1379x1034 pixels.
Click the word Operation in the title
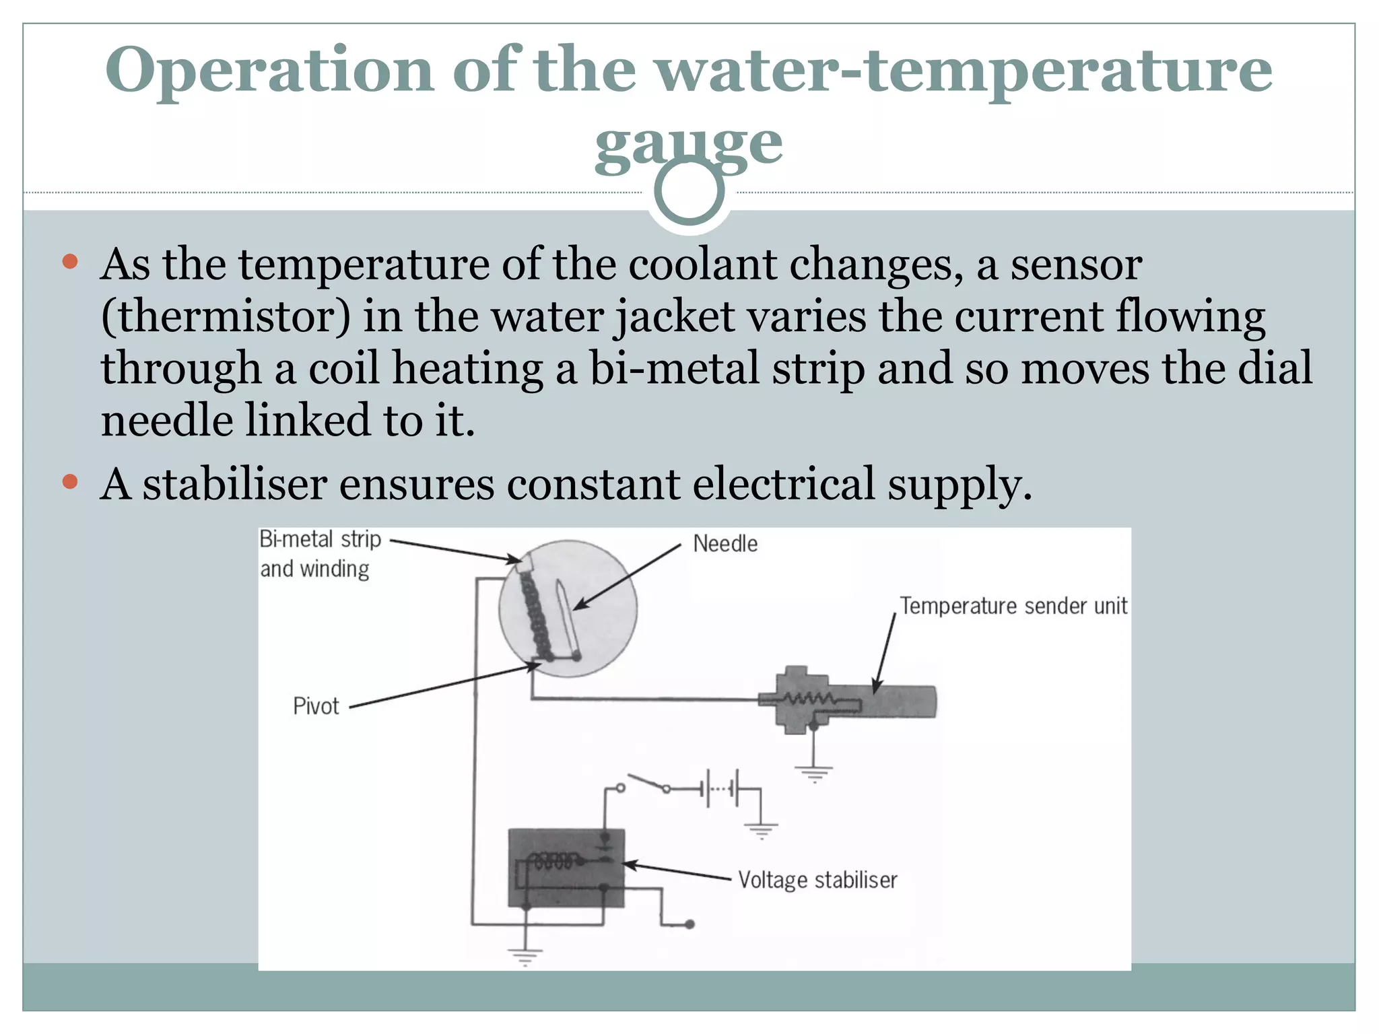269,71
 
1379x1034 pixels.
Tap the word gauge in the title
688,145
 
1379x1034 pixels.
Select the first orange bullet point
70,261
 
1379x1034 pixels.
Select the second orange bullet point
70,481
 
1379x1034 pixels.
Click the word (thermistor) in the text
226,316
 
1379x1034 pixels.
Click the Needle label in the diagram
725,544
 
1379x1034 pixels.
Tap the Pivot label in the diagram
316,706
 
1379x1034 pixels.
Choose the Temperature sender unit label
1013,606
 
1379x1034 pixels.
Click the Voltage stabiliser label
817,880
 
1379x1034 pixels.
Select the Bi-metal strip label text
321,540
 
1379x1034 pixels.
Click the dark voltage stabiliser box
566,868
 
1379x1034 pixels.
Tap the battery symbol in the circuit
720,788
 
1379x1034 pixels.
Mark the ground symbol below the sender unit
814,772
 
